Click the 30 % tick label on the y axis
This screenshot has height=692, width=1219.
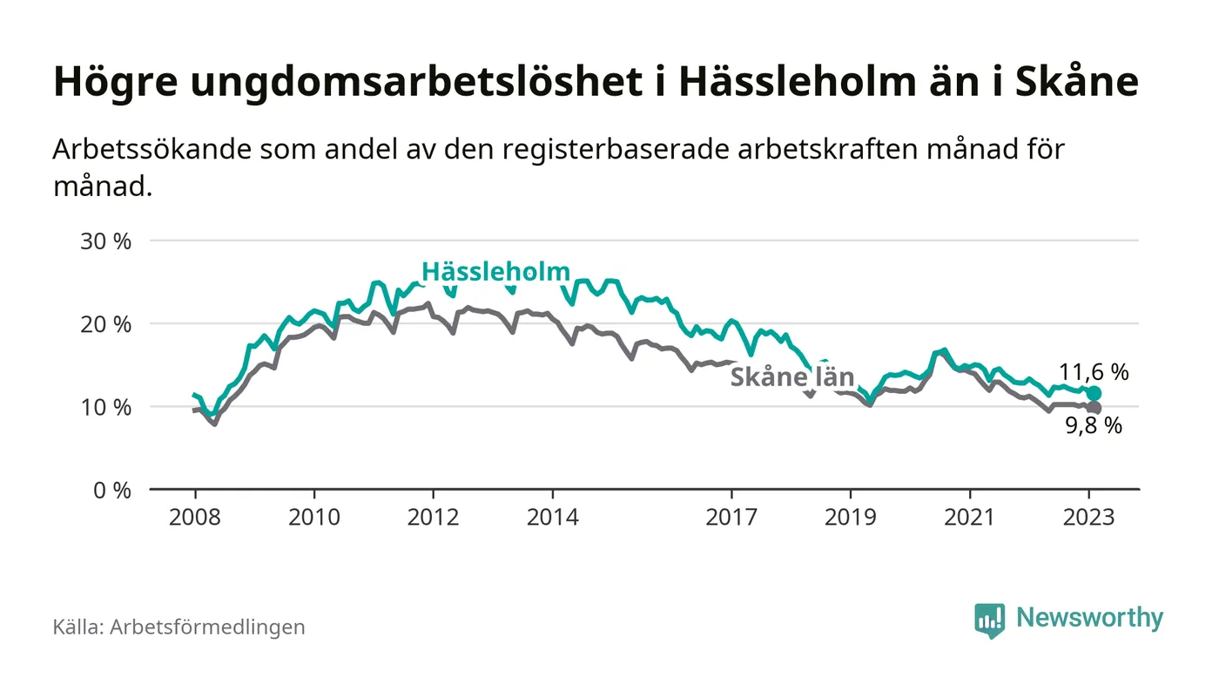tap(105, 241)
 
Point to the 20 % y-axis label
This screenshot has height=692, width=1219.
tap(105, 324)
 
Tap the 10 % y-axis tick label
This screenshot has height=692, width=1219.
tap(105, 407)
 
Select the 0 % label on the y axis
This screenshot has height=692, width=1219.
tap(111, 490)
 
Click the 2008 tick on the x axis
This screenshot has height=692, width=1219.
tap(194, 517)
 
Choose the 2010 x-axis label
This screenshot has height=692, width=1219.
tap(313, 517)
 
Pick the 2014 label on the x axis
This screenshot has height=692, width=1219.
tap(552, 517)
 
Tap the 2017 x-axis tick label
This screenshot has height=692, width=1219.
tap(731, 517)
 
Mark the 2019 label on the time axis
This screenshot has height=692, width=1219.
tap(851, 517)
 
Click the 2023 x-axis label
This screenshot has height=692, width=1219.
tap(1089, 517)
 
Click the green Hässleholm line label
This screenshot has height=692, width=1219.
tap(495, 272)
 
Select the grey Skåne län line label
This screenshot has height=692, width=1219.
tap(791, 377)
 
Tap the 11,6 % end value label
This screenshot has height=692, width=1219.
tap(1094, 372)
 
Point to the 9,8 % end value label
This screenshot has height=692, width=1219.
tap(1094, 426)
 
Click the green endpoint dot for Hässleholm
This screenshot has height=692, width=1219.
tap(1094, 394)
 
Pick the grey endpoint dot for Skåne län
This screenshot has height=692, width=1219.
tap(1094, 408)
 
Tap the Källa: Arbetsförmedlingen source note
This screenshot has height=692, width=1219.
tap(178, 627)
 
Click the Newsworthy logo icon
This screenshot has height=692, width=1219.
tap(989, 619)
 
